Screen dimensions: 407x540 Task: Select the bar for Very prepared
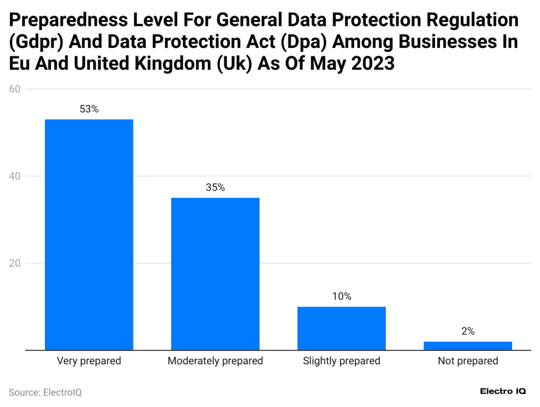[89, 234]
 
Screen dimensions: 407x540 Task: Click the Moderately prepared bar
[215, 273]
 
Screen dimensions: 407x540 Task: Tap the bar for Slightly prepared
[341, 328]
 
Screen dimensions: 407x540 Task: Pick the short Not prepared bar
[468, 346]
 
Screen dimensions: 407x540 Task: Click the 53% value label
[89, 109]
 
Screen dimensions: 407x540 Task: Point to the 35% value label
[215, 187]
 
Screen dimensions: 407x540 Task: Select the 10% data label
[341, 297]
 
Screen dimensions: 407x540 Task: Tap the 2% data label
[468, 332]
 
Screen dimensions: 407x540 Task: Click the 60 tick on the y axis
[15, 89]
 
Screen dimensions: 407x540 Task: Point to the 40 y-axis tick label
[15, 176]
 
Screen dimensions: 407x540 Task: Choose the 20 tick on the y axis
[15, 263]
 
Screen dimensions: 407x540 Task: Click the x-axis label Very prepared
[89, 361]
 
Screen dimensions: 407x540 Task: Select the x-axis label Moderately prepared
[215, 361]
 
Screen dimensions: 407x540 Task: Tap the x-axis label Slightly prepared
[341, 361]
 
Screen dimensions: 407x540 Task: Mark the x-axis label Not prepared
[468, 361]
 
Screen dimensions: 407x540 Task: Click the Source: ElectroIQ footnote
[45, 392]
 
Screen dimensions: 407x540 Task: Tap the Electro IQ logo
[503, 391]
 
